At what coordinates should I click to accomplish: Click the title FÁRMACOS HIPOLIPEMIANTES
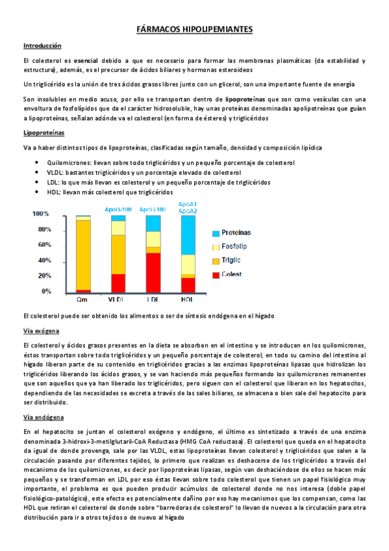click(195, 30)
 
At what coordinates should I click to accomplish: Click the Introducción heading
click(42, 46)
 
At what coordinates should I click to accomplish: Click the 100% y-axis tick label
click(41, 214)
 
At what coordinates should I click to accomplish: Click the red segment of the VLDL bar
click(118, 283)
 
